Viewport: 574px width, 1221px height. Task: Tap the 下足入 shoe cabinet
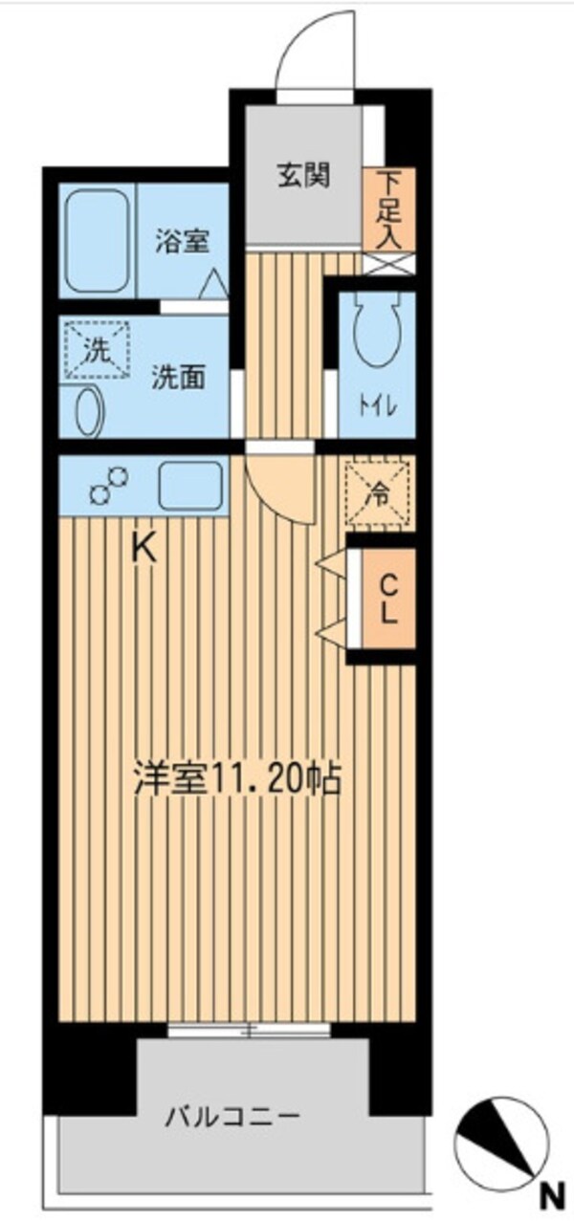[x=388, y=209]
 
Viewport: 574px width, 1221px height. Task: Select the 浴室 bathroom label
[x=183, y=242]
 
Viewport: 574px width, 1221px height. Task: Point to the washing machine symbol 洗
[x=95, y=350]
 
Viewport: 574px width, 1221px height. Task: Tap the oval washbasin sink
[x=86, y=411]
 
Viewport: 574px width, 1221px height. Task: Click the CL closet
[x=388, y=598]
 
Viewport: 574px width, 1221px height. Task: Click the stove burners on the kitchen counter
[x=108, y=485]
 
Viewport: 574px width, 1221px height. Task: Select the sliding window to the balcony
[x=249, y=1029]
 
